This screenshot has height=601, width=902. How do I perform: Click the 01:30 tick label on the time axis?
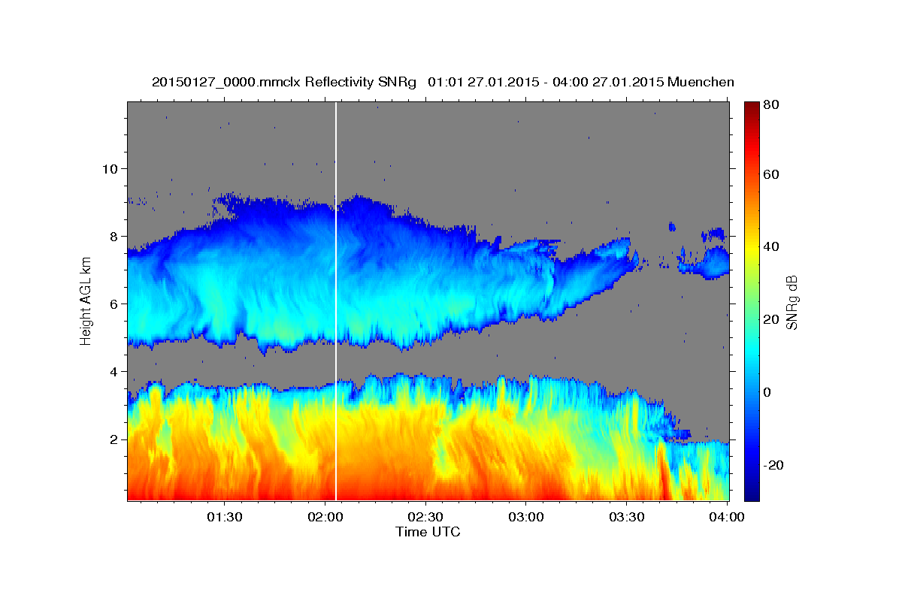(x=224, y=518)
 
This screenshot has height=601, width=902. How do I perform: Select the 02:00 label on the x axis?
(x=325, y=518)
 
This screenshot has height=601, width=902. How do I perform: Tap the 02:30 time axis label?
(x=425, y=518)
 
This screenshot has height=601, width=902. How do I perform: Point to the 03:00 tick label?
(x=526, y=518)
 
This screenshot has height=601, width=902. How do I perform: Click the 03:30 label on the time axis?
(x=627, y=518)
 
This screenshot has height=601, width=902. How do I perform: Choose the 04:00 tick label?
(x=727, y=518)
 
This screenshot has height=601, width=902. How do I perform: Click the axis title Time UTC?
(x=428, y=533)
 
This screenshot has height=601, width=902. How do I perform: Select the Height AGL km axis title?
(x=86, y=300)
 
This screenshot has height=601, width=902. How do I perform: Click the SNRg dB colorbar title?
(x=792, y=300)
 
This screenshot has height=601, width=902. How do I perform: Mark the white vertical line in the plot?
(x=335, y=300)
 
